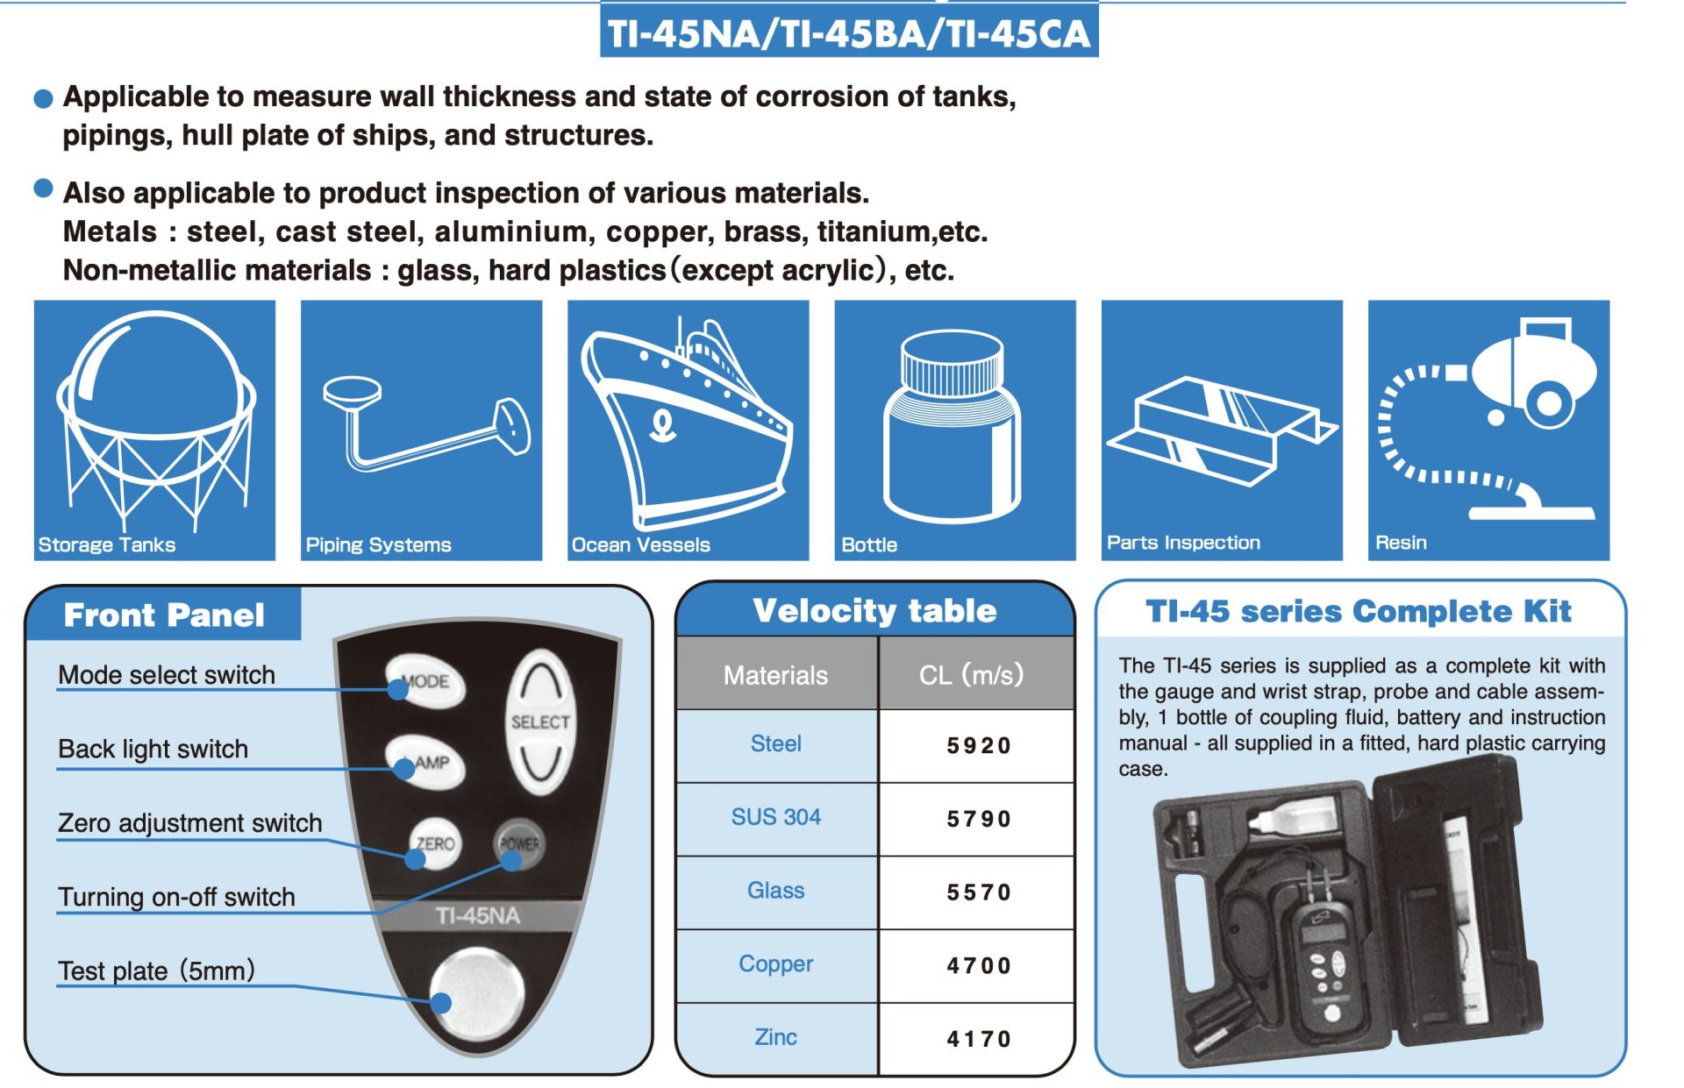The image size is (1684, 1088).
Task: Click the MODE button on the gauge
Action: click(425, 680)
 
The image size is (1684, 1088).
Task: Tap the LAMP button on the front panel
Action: click(425, 762)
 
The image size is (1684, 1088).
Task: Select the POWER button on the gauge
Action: click(518, 843)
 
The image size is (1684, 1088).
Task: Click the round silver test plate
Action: click(476, 993)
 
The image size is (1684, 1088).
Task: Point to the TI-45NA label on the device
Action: click(477, 916)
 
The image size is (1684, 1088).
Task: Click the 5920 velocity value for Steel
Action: click(978, 745)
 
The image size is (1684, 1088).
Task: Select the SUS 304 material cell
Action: click(776, 817)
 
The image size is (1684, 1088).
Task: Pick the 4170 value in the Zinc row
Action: click(978, 1039)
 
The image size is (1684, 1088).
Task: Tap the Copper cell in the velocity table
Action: click(776, 964)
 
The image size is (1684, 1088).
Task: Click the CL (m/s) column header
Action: click(971, 674)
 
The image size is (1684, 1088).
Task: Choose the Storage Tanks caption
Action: click(107, 544)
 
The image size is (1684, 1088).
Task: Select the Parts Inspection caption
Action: click(1183, 543)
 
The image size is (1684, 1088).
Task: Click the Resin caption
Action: click(1401, 543)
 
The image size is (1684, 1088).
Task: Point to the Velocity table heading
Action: click(874, 610)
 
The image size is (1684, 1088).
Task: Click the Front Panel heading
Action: click(164, 615)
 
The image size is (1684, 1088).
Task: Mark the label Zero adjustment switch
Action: click(190, 823)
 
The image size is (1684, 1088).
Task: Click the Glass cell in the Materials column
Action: click(776, 891)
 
